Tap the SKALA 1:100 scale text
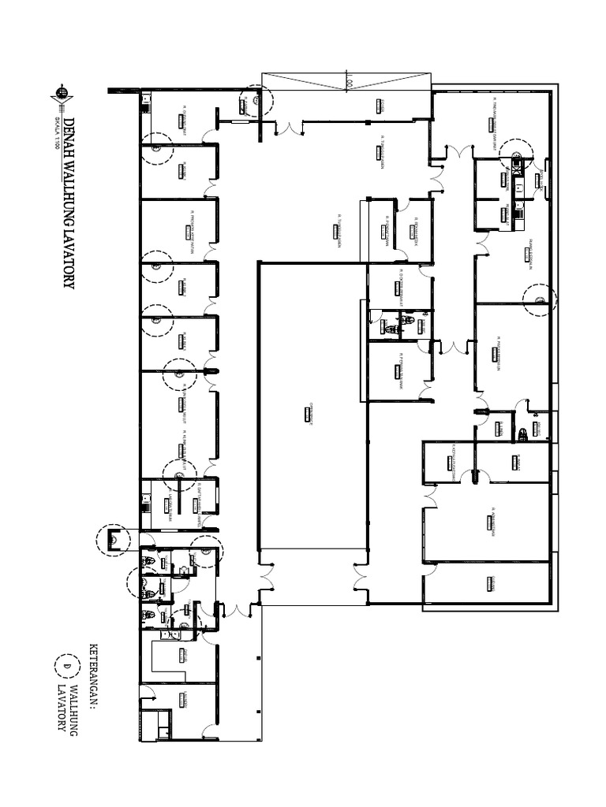coord(57,135)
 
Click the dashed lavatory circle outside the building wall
coord(111,540)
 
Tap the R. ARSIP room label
coord(518,459)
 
